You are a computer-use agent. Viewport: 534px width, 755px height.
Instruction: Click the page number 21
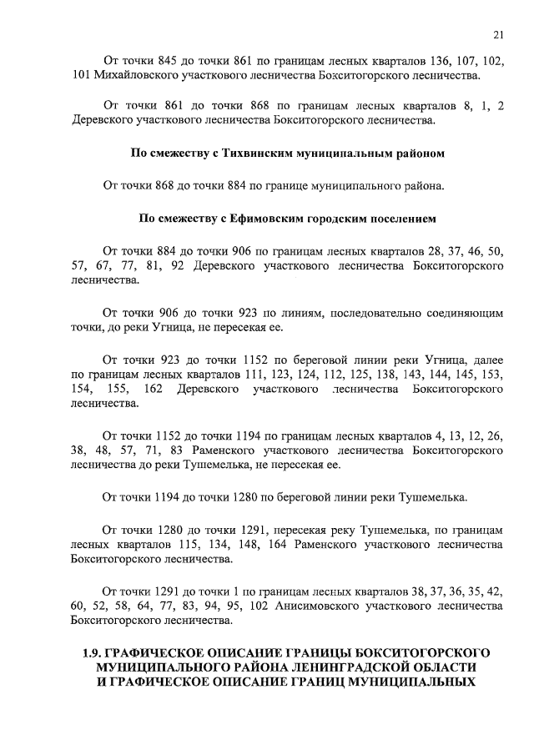498,34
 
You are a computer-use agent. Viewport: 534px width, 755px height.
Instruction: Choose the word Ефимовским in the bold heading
263,219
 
